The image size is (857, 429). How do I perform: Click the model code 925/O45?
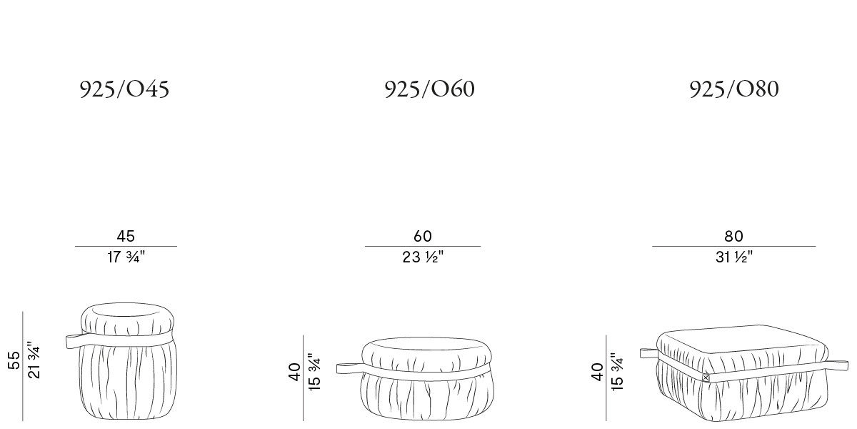coord(124,89)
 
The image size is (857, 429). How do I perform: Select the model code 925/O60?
coord(430,89)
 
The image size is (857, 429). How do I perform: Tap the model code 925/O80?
coord(734,89)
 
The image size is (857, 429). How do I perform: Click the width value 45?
coord(126,237)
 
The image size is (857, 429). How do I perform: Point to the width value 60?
coord(423,237)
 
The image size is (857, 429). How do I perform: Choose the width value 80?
coord(734,237)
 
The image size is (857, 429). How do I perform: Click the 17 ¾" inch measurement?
coord(126,257)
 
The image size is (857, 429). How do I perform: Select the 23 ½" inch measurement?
coord(423,257)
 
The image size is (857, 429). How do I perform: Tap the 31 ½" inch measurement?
coord(734,257)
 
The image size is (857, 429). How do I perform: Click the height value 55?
coord(14,360)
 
